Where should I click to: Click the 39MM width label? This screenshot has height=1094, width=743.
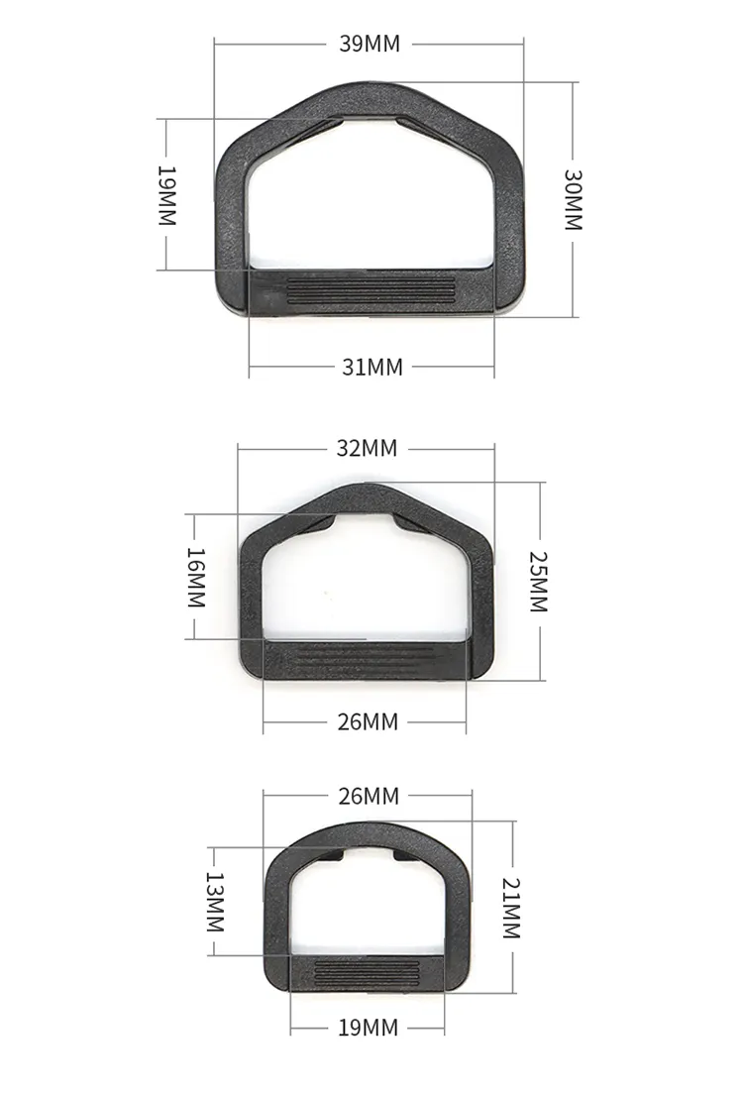coord(370,44)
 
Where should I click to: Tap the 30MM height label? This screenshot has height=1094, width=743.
coord(573,199)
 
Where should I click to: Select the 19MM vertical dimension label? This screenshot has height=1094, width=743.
coord(166,195)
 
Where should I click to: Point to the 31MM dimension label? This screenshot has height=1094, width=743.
coord(372,367)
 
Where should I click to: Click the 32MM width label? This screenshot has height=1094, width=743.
coord(367,449)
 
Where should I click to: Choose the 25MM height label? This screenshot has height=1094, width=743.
coord(537,581)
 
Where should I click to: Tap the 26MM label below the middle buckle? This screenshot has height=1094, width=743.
coord(368,721)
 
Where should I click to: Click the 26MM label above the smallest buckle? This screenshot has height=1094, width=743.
coord(369,796)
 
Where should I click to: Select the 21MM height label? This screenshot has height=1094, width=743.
coord(511,909)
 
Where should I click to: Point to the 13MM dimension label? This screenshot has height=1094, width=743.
coord(214,902)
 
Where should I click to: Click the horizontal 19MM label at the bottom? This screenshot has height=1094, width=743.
coord(368,1028)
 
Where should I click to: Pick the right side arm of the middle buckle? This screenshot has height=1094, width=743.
coord(480,595)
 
